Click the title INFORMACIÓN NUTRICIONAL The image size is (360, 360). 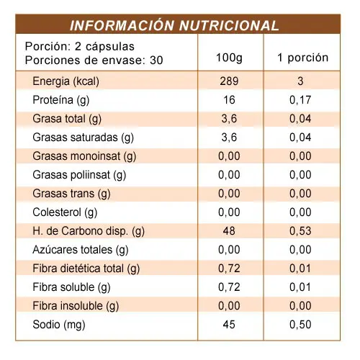(174, 25)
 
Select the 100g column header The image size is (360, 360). (229, 58)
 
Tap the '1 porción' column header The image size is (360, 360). (303, 58)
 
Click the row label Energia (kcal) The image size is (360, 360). (66, 81)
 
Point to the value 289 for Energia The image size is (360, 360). (229, 81)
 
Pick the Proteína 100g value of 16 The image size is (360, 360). (229, 100)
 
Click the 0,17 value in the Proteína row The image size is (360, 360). (300, 100)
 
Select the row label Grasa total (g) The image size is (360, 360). (67, 119)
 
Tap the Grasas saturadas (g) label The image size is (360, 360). (83, 138)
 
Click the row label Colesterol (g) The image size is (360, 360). (65, 212)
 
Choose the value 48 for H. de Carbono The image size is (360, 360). (229, 231)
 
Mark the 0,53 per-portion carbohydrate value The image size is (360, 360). (300, 231)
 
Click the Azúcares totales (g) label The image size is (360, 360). (81, 250)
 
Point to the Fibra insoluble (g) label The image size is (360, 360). (76, 306)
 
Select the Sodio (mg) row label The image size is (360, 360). (59, 325)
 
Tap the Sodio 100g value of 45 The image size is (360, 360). (229, 325)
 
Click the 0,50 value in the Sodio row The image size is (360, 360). (300, 325)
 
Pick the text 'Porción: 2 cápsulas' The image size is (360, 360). (80, 46)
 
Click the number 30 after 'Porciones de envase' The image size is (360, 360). (156, 60)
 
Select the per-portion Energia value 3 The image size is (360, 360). (300, 81)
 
